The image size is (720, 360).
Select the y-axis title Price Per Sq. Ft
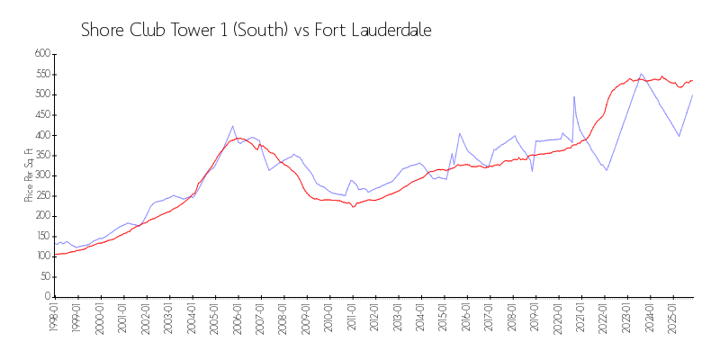(x=29, y=175)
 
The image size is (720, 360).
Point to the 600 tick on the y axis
(x=40, y=54)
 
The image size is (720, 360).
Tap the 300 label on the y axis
(x=40, y=175)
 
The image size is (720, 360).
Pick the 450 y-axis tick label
(x=40, y=115)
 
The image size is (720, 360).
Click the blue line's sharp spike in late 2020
(x=574, y=96)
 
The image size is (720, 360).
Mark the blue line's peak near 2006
(x=233, y=126)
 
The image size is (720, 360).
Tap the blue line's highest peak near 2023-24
(x=641, y=74)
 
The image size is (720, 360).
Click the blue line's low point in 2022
(x=607, y=170)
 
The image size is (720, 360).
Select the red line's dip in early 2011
(x=354, y=207)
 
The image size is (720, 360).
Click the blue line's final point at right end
(x=692, y=95)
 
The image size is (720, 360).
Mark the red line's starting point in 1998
(x=55, y=255)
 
